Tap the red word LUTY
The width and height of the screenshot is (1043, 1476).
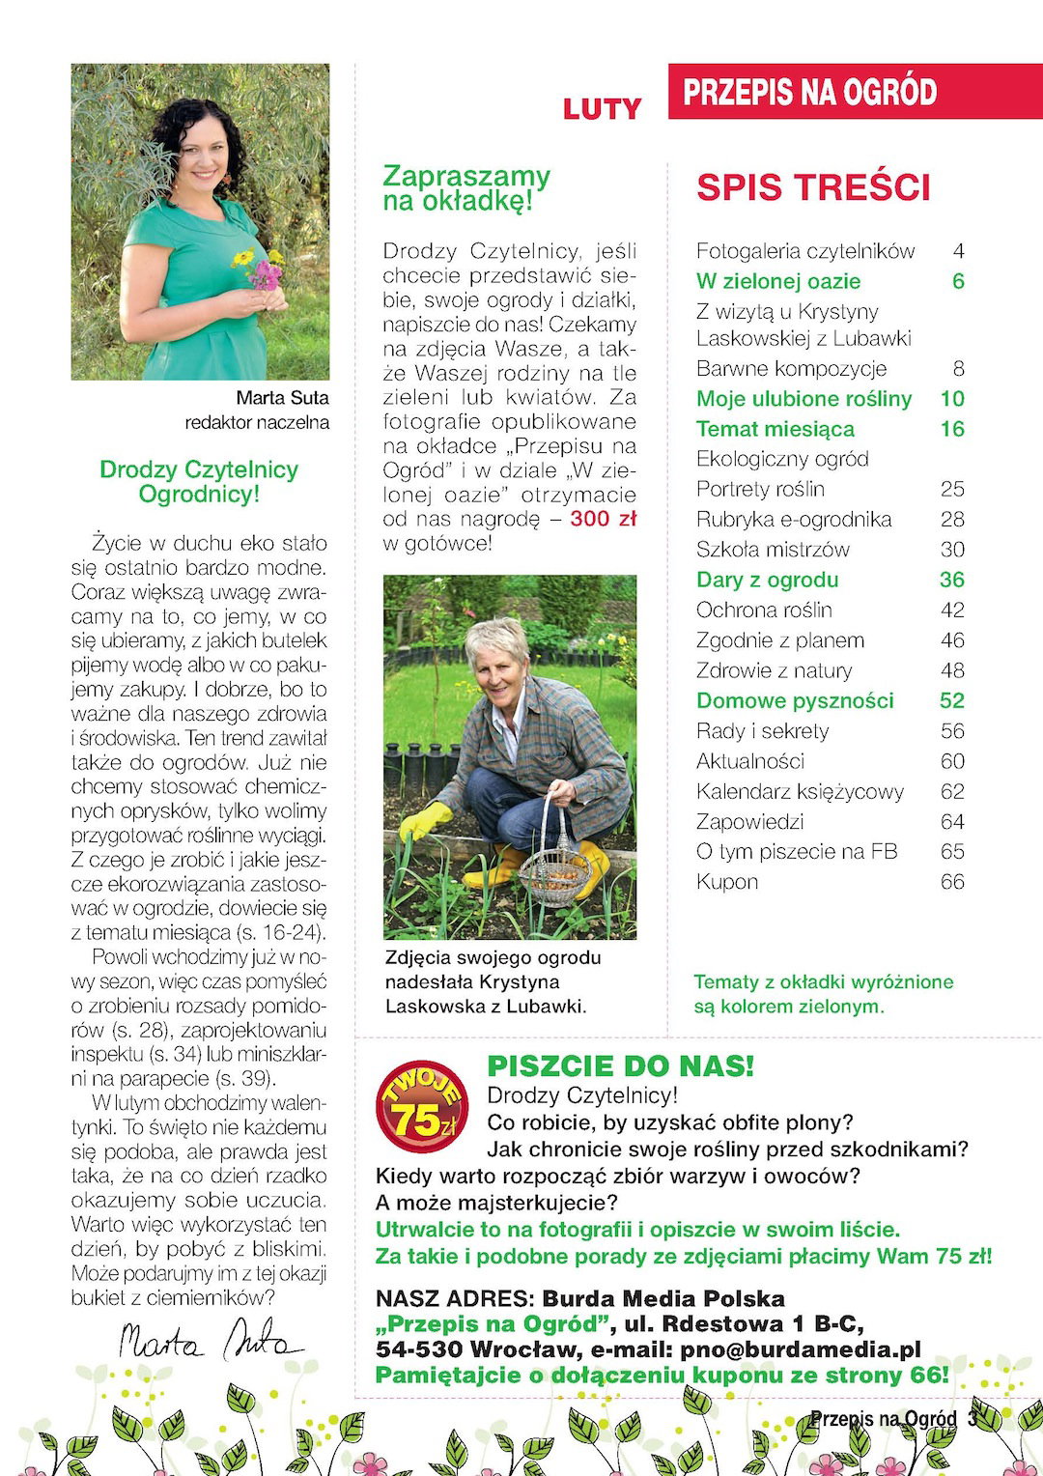pos(602,110)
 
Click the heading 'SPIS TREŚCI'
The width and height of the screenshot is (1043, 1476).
pos(813,187)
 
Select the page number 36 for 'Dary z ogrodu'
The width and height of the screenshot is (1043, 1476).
pos(951,580)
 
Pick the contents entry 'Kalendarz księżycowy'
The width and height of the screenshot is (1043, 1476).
pos(800,792)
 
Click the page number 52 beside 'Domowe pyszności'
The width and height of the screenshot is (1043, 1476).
pos(951,700)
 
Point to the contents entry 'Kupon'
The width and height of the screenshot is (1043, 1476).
pos(727,882)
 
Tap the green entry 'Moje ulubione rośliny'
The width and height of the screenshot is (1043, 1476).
pos(803,399)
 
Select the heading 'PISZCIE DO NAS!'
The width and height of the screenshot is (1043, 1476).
pos(620,1066)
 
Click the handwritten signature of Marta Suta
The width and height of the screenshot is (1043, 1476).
pos(208,1342)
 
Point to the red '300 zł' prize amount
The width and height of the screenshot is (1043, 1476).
pos(604,519)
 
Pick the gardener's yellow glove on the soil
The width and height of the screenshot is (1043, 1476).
pos(426,822)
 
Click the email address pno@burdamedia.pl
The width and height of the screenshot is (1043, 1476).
pos(801,1349)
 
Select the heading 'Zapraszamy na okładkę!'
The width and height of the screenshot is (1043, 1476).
pos(465,188)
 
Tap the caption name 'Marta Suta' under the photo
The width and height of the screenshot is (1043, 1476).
pos(282,398)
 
